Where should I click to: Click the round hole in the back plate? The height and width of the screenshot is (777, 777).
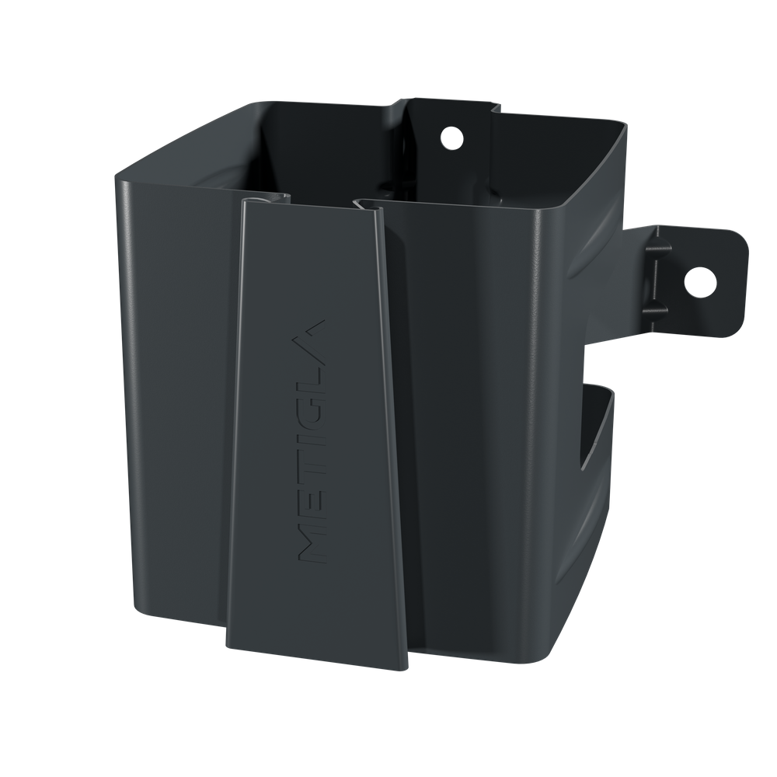click(452, 138)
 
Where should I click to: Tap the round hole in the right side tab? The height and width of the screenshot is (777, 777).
click(700, 282)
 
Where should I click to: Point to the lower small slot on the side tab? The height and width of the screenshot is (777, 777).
click(655, 312)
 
